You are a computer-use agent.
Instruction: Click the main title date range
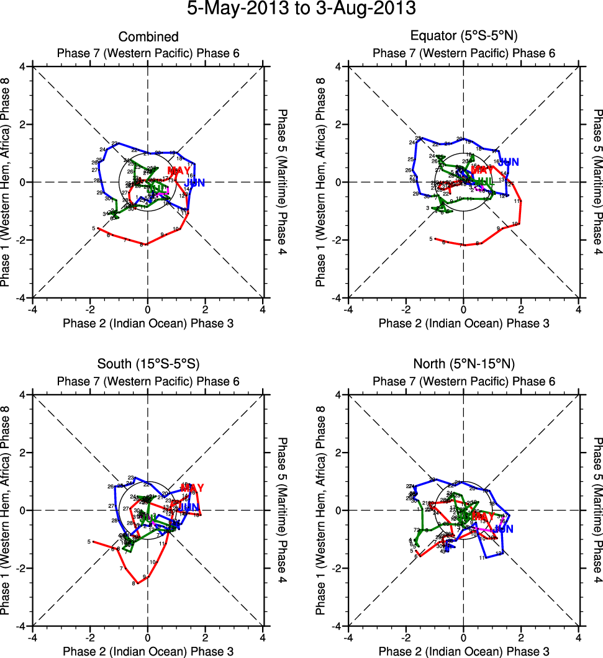click(x=301, y=11)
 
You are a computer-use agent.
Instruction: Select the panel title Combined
click(x=148, y=37)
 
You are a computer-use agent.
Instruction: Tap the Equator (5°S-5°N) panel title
click(x=463, y=37)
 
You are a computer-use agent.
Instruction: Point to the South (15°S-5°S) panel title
click(x=148, y=364)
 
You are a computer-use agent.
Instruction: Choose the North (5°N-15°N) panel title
click(x=463, y=364)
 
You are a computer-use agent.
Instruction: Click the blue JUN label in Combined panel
click(x=194, y=183)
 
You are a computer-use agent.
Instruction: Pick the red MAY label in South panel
click(x=192, y=488)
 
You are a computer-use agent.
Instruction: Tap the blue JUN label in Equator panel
click(x=509, y=162)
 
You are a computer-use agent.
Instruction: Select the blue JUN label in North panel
click(x=504, y=529)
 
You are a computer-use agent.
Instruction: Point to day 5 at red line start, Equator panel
click(x=431, y=239)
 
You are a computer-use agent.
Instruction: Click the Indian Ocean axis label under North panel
click(x=463, y=651)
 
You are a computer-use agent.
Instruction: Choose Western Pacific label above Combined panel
click(x=148, y=53)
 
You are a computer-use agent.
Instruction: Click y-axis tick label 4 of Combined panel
click(x=22, y=66)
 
